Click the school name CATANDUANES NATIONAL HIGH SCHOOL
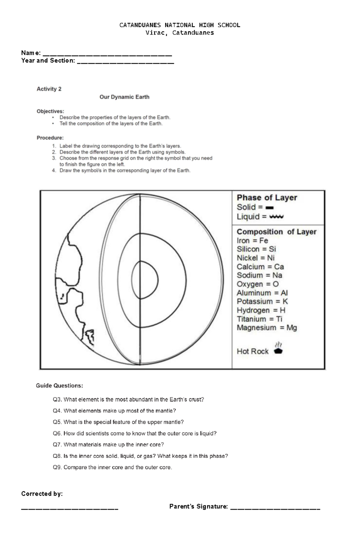point(180,25)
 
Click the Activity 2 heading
point(49,89)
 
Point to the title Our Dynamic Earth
point(124,97)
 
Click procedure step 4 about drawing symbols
point(125,171)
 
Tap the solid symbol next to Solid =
point(269,207)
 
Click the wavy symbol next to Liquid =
point(276,217)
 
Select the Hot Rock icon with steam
point(278,348)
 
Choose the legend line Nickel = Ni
point(255,258)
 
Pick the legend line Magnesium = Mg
point(267,328)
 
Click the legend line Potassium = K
point(262,302)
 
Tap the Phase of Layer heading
point(267,198)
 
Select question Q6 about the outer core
point(134,433)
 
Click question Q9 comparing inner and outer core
point(112,467)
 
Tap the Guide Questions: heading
point(59,386)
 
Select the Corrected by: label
point(42,494)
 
